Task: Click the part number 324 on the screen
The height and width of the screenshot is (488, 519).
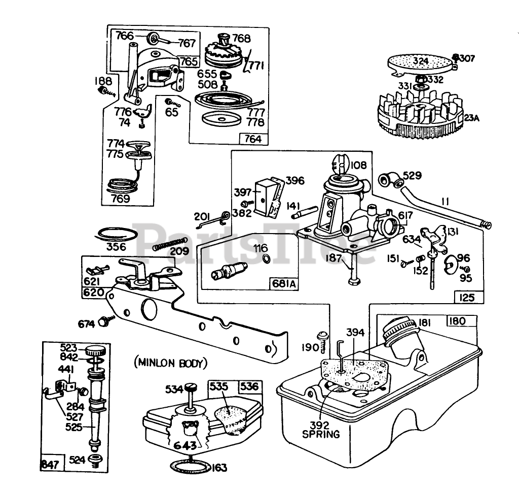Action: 420,61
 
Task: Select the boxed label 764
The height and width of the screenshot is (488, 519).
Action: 253,138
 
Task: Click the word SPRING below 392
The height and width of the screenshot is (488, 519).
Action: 322,435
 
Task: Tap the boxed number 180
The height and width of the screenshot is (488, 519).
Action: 462,321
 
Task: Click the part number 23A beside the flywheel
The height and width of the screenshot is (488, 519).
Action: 471,118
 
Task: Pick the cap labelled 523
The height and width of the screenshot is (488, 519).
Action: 94,350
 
